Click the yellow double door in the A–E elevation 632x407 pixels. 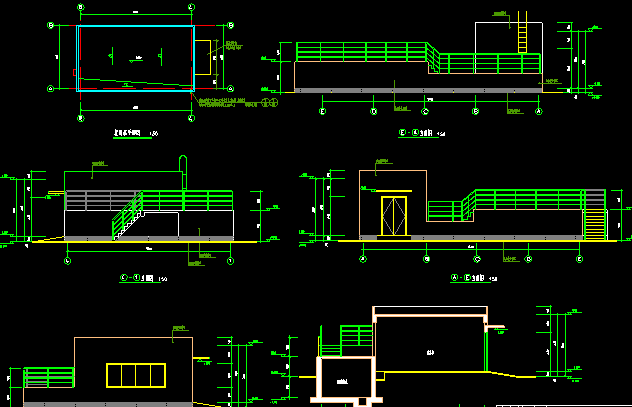pos(393,216)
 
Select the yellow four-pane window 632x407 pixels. pos(135,375)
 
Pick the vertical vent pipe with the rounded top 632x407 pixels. pos(183,173)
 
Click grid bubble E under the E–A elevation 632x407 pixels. pos(322,111)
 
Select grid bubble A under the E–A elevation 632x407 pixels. pos(539,111)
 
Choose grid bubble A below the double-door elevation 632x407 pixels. pos(363,258)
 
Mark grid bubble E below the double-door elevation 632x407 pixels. pos(580,258)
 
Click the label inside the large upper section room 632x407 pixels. pos(431,351)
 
